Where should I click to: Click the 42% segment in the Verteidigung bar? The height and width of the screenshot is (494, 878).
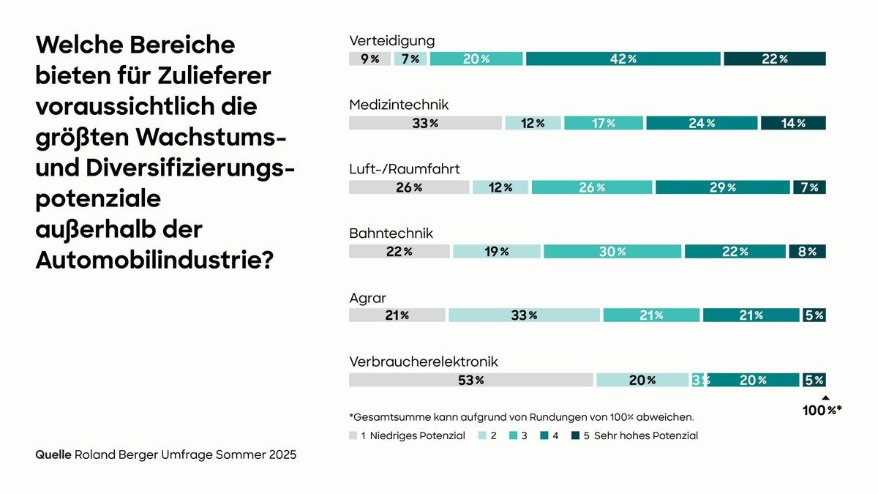[x=623, y=59]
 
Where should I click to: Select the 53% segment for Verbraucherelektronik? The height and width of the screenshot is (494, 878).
[x=470, y=380]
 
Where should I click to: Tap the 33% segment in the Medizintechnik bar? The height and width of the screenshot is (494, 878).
[x=425, y=123]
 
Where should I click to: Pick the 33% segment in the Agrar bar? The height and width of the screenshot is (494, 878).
[x=524, y=315]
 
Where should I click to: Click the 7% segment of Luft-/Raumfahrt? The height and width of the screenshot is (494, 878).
[x=809, y=187]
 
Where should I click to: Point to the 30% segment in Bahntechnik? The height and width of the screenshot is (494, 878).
[x=612, y=252]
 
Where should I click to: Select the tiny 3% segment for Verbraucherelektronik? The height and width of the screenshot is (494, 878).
[x=697, y=380]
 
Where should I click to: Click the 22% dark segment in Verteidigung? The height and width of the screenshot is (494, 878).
[x=775, y=59]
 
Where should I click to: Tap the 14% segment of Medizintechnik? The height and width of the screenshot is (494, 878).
[x=793, y=123]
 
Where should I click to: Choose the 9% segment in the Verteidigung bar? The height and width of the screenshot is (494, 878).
[x=369, y=59]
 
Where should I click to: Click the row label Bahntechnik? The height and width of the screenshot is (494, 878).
[x=391, y=233]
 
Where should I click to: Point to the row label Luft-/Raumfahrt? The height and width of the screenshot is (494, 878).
[x=404, y=169]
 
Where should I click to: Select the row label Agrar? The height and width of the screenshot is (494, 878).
[x=367, y=298]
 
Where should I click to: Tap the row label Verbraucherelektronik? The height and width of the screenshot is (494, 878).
[x=423, y=362]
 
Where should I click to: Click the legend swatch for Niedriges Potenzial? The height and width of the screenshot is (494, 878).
[x=353, y=435]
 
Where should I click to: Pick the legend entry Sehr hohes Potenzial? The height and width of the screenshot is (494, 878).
[x=640, y=435]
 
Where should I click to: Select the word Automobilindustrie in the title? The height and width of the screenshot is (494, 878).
[x=154, y=259]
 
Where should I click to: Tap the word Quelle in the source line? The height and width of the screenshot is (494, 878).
[x=53, y=454]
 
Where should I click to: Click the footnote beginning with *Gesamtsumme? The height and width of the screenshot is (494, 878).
[x=521, y=417]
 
